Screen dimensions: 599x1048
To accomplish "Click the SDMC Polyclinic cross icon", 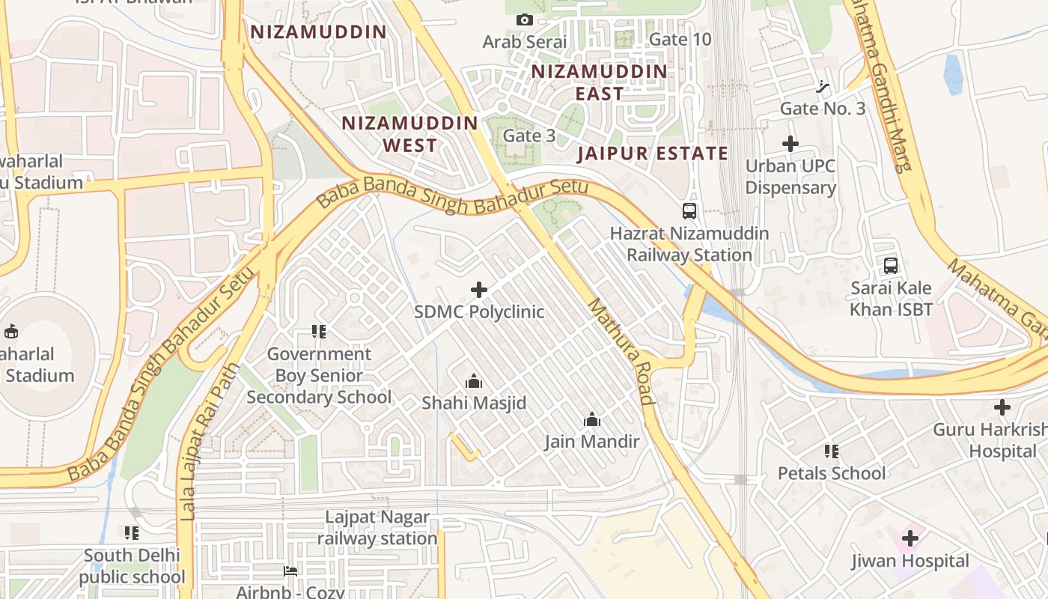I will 479,290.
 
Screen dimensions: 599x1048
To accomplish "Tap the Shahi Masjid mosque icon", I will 473,382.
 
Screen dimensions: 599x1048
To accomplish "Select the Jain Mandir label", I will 592,441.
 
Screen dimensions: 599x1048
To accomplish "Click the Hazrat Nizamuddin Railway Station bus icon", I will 689,211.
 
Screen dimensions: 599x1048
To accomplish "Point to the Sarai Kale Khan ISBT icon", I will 891,266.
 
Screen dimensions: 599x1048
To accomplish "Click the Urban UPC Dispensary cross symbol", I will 790,144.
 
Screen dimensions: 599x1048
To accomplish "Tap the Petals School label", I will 831,473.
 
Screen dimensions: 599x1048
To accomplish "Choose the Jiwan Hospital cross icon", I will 910,538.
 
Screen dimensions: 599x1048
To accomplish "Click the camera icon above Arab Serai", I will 525,20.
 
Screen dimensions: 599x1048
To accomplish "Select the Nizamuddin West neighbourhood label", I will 409,134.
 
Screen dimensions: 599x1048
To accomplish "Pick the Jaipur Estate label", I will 653,153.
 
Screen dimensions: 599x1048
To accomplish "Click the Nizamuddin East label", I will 599,82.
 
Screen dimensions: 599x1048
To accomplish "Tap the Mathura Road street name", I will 621,352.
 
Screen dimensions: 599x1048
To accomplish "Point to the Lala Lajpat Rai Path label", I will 210,442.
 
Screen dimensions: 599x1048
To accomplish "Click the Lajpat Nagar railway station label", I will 377,528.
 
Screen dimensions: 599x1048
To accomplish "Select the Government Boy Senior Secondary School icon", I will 319,331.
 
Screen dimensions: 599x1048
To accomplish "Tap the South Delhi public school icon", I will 132,533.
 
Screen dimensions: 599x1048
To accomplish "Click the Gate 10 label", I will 680,39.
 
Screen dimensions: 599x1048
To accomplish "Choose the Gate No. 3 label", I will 822,109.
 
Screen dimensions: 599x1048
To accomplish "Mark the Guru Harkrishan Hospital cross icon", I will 1002,407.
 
